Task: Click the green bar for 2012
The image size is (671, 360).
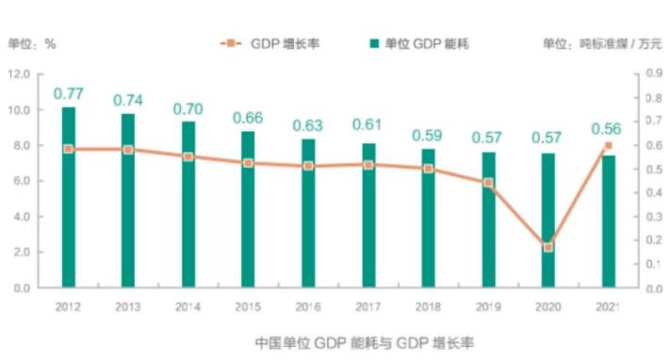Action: click(x=69, y=197)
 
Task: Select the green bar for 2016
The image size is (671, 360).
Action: click(x=308, y=213)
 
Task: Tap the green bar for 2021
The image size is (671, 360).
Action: click(x=608, y=221)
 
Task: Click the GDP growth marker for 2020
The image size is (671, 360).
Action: click(x=548, y=248)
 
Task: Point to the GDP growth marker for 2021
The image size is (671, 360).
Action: click(x=608, y=145)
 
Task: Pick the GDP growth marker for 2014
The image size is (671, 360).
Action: click(x=188, y=157)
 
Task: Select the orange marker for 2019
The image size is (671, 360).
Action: click(x=488, y=183)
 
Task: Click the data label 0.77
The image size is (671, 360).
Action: click(x=69, y=93)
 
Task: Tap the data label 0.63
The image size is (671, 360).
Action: click(x=307, y=126)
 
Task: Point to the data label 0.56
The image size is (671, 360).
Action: click(x=606, y=129)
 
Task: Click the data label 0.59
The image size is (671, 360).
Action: click(x=427, y=136)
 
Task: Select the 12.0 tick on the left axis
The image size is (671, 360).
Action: click(x=19, y=74)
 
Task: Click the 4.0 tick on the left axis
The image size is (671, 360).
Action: click(x=22, y=217)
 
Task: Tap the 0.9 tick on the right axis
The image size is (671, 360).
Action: click(x=654, y=74)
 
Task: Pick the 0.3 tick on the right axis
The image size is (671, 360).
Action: click(x=654, y=217)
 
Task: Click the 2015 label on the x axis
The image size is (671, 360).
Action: click(x=248, y=307)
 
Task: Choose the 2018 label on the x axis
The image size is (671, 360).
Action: click(x=428, y=307)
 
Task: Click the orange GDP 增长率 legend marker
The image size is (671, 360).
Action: click(x=231, y=43)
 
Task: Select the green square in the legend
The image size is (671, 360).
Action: click(x=374, y=43)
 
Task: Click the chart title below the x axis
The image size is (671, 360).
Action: click(x=365, y=343)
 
